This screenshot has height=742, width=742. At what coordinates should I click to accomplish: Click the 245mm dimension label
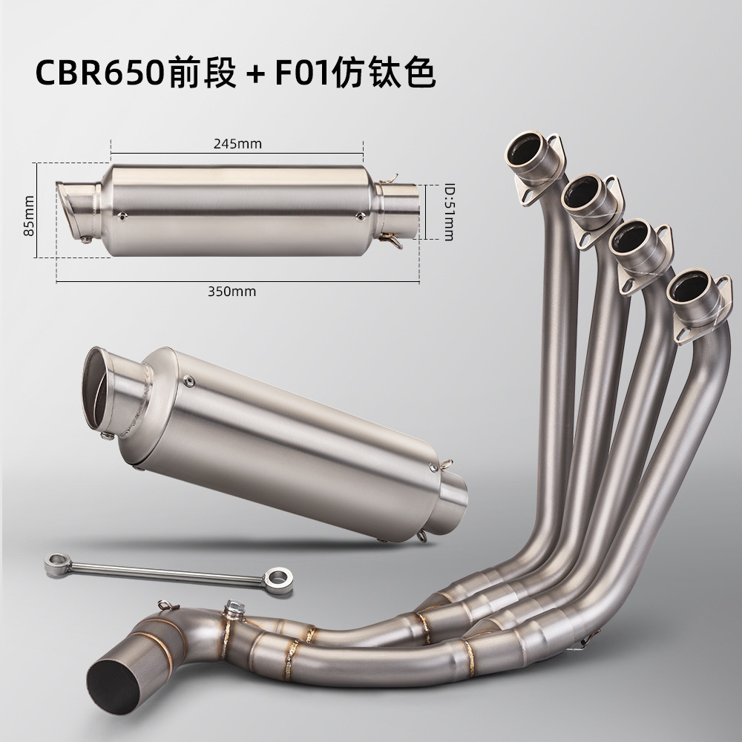(x=237, y=143)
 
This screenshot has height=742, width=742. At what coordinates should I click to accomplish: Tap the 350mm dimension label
(x=232, y=292)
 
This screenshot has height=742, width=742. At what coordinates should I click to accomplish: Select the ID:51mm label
(x=449, y=212)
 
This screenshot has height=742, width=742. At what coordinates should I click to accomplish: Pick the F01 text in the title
(x=303, y=73)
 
